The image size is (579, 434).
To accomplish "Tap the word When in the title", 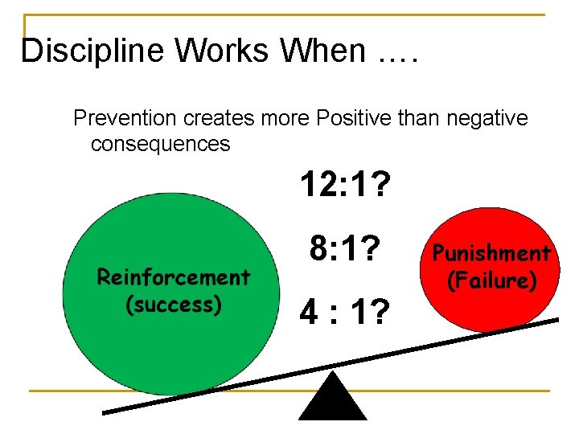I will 322,51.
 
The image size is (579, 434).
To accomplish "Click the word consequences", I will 161,144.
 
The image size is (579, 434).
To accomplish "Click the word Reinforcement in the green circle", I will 174,277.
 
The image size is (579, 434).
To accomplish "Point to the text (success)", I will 174,305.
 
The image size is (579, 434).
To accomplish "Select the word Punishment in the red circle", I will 490,254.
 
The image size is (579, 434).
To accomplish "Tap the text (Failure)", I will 490,280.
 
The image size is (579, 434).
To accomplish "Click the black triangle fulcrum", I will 332,399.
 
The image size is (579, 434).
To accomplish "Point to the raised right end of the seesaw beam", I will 553,321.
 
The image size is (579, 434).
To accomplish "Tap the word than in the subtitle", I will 413,118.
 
